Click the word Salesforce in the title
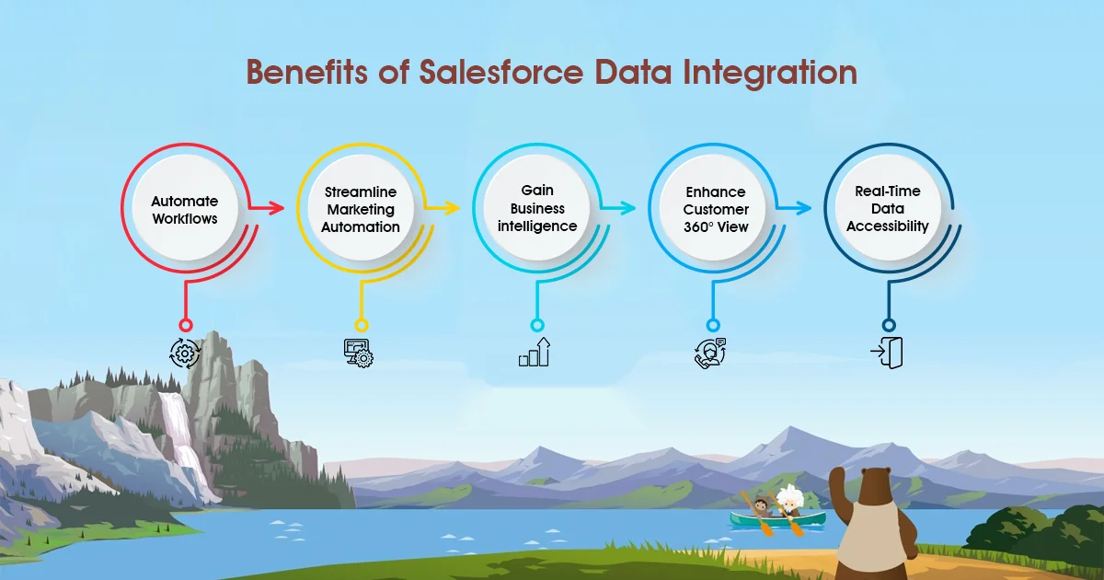pyautogui.click(x=501, y=72)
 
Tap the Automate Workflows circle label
pyautogui.click(x=185, y=210)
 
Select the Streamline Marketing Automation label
pyautogui.click(x=361, y=209)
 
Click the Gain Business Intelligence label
pyautogui.click(x=537, y=208)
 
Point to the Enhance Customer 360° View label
pyautogui.click(x=716, y=209)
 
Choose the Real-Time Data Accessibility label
pyautogui.click(x=888, y=208)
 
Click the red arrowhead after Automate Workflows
pyautogui.click(x=275, y=208)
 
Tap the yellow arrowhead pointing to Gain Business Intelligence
pyautogui.click(x=452, y=208)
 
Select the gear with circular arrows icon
pyautogui.click(x=185, y=353)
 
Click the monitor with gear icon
pyautogui.click(x=358, y=353)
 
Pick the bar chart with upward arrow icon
pyautogui.click(x=535, y=352)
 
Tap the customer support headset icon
pyautogui.click(x=710, y=353)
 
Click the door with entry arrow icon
pyautogui.click(x=887, y=353)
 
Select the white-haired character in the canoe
pyautogui.click(x=789, y=501)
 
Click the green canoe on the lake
pyautogui.click(x=777, y=519)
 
